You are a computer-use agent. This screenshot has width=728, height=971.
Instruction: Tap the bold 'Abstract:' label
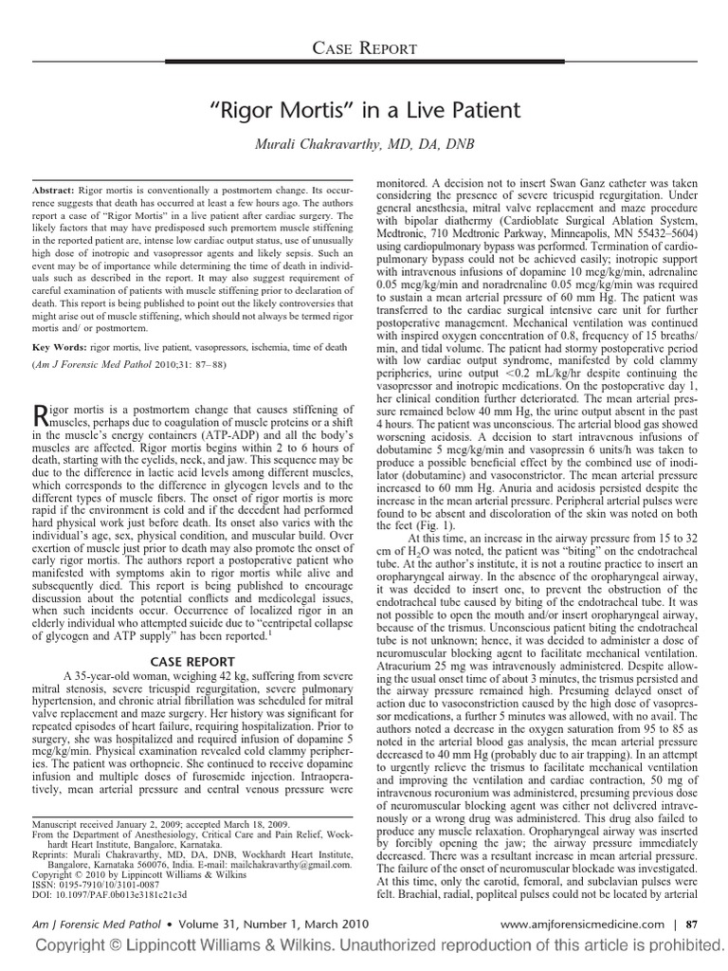coord(54,191)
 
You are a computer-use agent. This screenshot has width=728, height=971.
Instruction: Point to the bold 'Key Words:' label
coord(60,349)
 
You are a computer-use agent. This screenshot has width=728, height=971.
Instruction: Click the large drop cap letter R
coord(39,413)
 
